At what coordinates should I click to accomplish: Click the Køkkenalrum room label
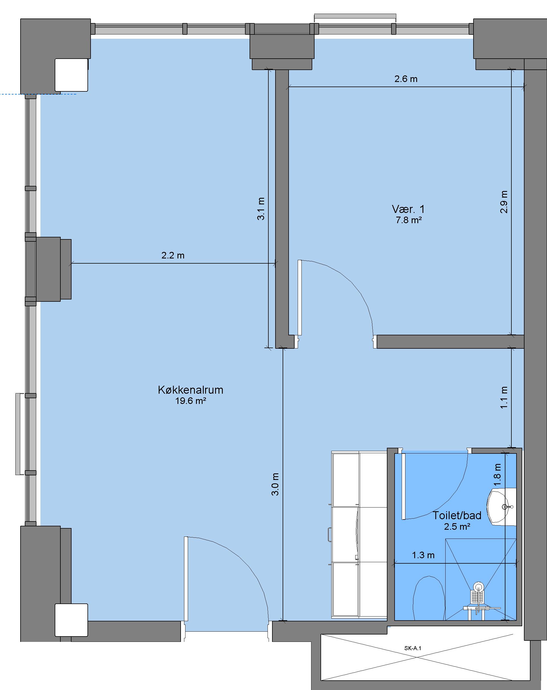[191, 390]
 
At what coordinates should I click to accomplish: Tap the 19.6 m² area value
[191, 401]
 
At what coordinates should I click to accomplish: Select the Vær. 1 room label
[408, 209]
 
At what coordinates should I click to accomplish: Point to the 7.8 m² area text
[409, 220]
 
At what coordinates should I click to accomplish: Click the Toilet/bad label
[457, 515]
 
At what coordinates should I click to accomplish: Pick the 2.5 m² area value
[457, 526]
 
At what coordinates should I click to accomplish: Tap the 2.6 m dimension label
[406, 79]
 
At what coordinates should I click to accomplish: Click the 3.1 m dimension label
[261, 209]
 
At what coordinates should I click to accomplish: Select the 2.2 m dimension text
[173, 255]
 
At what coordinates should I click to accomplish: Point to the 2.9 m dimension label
[504, 202]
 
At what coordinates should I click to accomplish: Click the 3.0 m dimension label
[275, 484]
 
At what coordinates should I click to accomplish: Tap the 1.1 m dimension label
[504, 397]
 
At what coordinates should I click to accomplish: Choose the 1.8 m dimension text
[497, 475]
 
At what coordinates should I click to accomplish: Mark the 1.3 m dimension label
[423, 555]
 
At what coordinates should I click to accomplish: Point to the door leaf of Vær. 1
[300, 298]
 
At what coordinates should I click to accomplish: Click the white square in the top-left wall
[72, 75]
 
